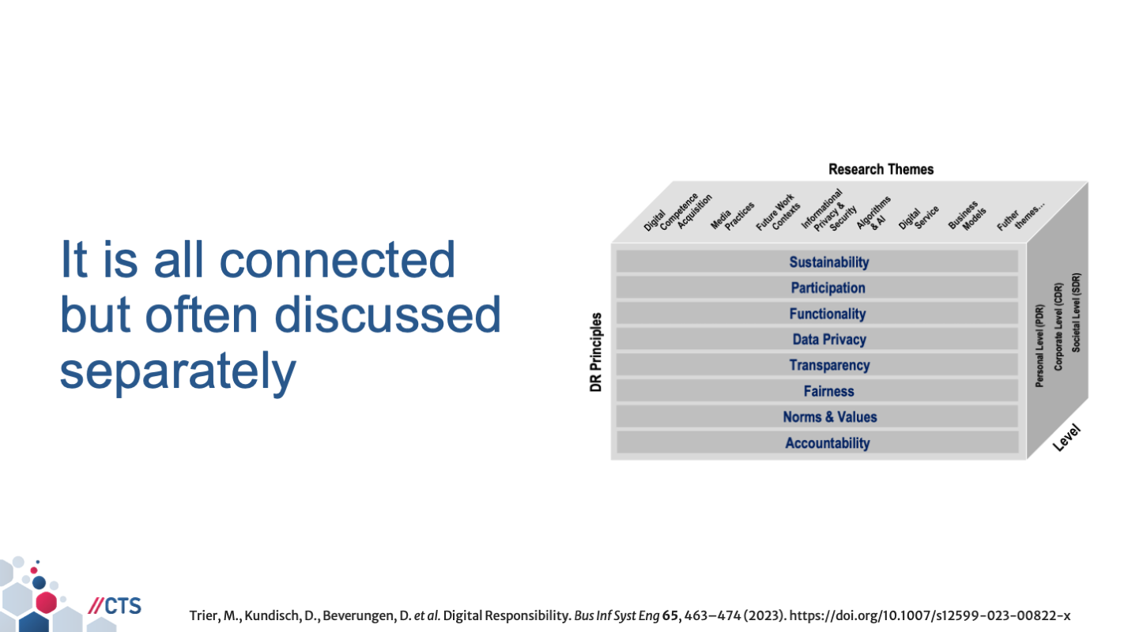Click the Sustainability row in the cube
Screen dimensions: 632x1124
pyautogui.click(x=828, y=262)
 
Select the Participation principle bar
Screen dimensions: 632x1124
pyautogui.click(x=828, y=288)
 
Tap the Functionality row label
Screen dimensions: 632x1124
pyautogui.click(x=828, y=314)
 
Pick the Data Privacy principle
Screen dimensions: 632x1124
pyautogui.click(x=829, y=340)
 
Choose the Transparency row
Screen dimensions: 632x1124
pyautogui.click(x=829, y=365)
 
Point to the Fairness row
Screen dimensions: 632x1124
pyautogui.click(x=828, y=391)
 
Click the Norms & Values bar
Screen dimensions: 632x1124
pyautogui.click(x=829, y=417)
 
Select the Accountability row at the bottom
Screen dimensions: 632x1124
pyautogui.click(x=828, y=443)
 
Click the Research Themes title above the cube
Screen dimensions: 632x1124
pyautogui.click(x=881, y=169)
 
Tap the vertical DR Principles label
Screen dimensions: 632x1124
pyautogui.click(x=597, y=352)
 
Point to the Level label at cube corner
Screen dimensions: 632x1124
pyautogui.click(x=1066, y=438)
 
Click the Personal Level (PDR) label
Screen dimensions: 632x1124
pyautogui.click(x=1039, y=346)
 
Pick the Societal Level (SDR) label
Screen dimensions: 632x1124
pyautogui.click(x=1077, y=313)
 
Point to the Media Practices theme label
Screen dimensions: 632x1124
pyautogui.click(x=732, y=216)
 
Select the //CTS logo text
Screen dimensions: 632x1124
pyautogui.click(x=115, y=606)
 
